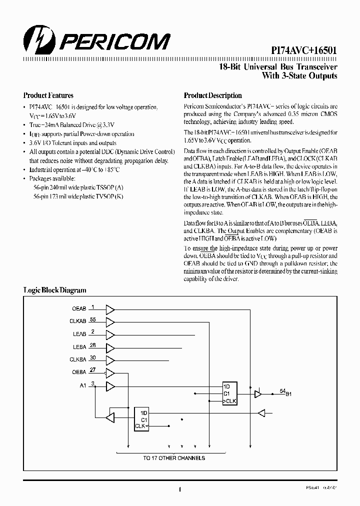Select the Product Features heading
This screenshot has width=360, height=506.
click(48, 95)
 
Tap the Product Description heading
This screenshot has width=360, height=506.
click(212, 95)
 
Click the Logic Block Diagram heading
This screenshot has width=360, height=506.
click(55, 290)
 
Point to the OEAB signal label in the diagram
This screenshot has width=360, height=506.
click(79, 309)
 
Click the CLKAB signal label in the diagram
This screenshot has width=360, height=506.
click(77, 321)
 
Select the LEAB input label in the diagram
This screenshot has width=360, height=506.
click(79, 334)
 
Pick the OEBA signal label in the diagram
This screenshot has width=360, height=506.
click(79, 372)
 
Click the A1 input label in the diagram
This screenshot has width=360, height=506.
click(83, 385)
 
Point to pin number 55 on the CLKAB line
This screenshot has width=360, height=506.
click(92, 319)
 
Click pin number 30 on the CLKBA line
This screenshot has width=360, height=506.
click(92, 357)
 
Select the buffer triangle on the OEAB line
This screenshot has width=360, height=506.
click(110, 309)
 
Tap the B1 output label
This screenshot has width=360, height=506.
click(288, 394)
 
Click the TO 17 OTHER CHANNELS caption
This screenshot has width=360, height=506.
click(174, 458)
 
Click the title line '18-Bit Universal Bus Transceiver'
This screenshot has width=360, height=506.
click(278, 66)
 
